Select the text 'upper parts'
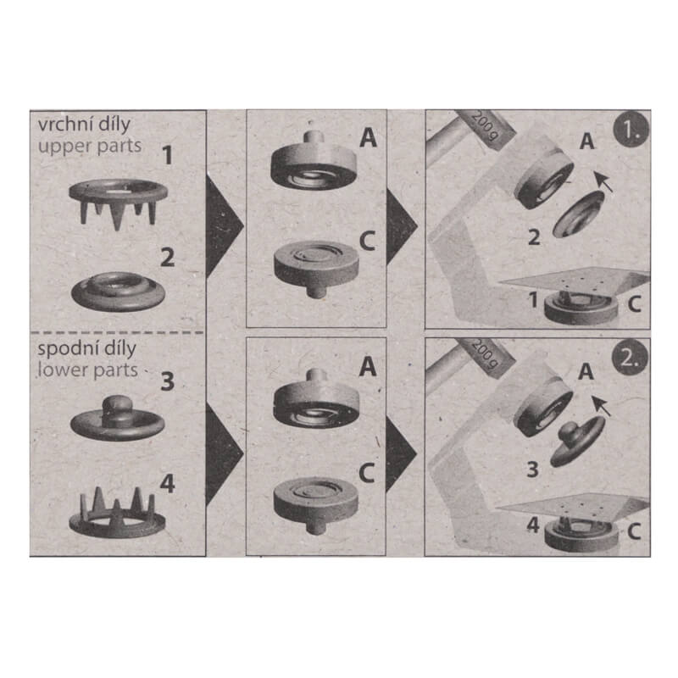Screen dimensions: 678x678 click(x=89, y=145)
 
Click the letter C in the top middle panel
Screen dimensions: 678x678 click(x=366, y=241)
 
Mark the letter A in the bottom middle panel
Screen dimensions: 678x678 click(x=366, y=366)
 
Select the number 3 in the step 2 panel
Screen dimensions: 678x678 click(x=532, y=469)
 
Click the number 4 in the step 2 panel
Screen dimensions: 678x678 click(x=532, y=525)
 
